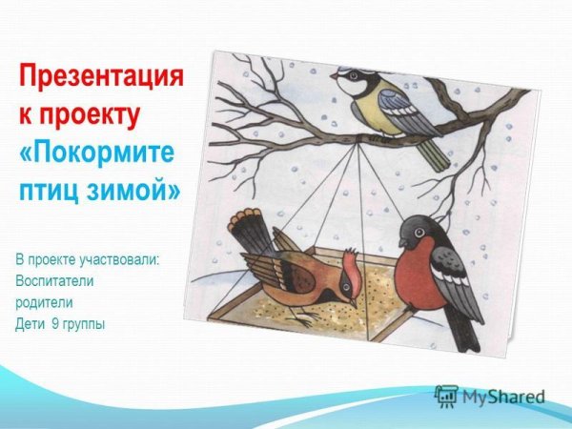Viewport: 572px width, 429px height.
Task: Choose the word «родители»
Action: (45, 302)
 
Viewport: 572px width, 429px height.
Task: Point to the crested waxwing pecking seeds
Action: (296, 272)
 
